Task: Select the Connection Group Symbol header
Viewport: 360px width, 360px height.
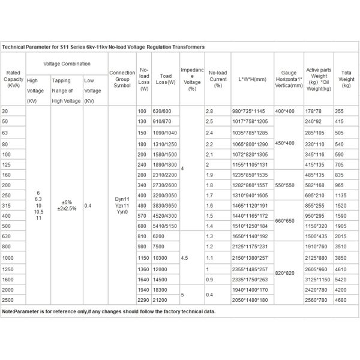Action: click(122, 79)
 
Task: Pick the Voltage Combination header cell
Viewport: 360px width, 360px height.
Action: click(67, 63)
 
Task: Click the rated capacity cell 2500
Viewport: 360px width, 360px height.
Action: click(9, 299)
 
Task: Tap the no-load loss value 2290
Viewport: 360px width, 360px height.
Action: click(143, 299)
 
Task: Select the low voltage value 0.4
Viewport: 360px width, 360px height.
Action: click(88, 205)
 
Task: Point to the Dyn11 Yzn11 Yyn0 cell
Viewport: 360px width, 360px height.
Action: click(122, 205)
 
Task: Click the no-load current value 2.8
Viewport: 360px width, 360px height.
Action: click(209, 112)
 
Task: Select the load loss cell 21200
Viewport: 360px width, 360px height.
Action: click(161, 299)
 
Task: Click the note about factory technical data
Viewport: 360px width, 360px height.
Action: click(109, 312)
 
